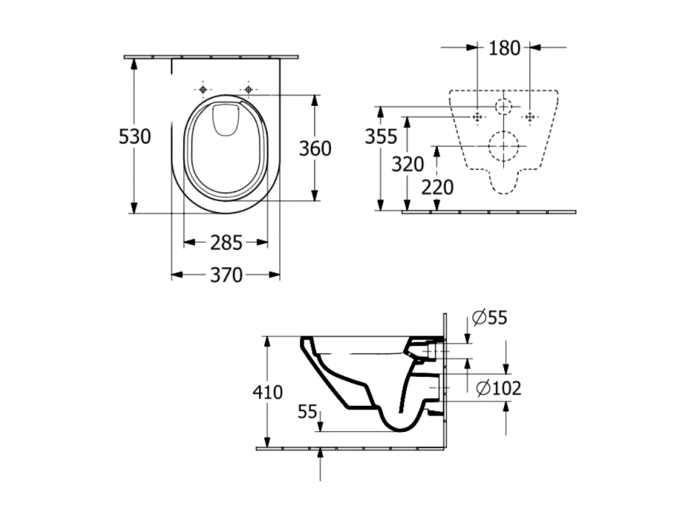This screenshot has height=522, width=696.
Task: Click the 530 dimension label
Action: coord(134,136)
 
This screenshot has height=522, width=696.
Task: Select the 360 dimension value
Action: coord(315,149)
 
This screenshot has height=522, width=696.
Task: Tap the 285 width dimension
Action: coord(226,243)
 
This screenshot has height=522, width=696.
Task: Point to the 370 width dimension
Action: coord(226,275)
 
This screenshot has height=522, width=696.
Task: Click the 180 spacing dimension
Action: coord(504,48)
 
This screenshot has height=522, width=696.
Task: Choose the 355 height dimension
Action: coord(381,136)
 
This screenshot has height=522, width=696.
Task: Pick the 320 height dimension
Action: coord(408,164)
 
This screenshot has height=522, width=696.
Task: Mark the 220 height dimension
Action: coord(437,187)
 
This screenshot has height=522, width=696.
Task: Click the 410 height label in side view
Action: coord(268,392)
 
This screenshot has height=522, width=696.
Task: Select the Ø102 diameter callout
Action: coord(498,389)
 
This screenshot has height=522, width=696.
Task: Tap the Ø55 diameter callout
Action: coord(490,318)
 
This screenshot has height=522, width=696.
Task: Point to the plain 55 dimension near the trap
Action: coord(307,412)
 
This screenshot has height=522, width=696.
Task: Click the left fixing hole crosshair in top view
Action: coord(203,89)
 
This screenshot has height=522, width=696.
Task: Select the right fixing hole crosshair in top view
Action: coord(249,89)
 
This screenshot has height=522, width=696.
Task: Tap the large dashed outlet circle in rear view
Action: coord(503,131)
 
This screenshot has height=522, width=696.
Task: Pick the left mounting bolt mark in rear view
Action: coord(477,118)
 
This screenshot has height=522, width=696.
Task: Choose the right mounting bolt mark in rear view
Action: coord(529,118)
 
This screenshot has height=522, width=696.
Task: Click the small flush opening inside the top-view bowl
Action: coord(226,120)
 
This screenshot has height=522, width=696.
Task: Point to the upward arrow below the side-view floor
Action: coord(320,464)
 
